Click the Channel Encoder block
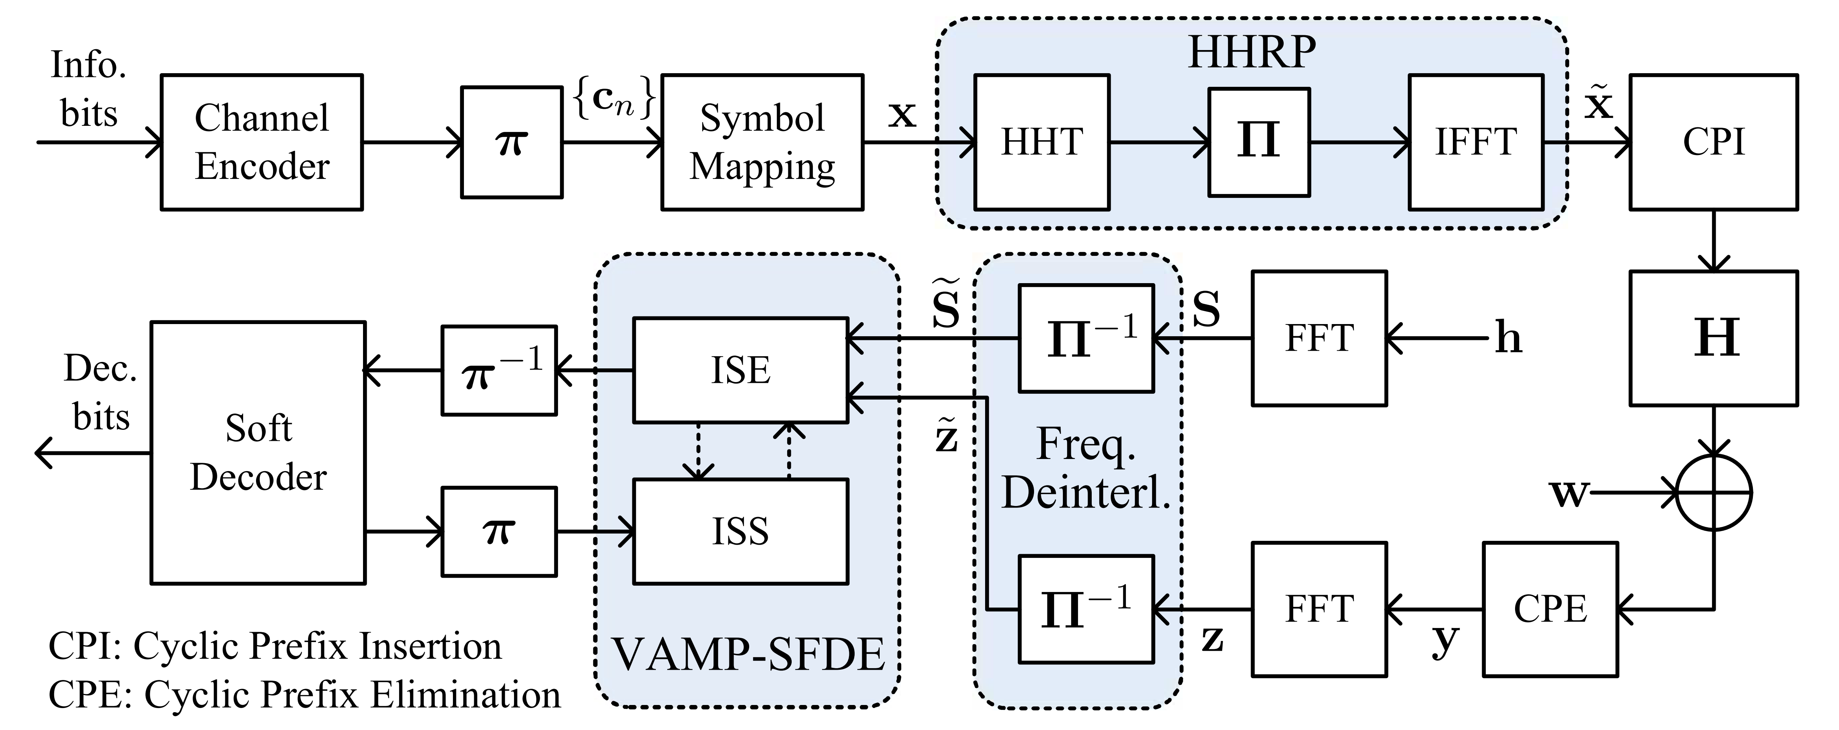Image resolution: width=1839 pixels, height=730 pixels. pos(262,142)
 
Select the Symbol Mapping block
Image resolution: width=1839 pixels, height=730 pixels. pos(762,142)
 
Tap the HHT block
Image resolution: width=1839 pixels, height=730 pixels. pos(1042,142)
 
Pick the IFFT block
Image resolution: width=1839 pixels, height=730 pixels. pos(1476,142)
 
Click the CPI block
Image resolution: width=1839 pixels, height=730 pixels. pos(1713,142)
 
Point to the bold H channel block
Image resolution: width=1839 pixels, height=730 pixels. pos(1713,338)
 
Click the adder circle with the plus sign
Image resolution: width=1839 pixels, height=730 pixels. pos(1713,492)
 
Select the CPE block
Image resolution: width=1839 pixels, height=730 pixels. pos(1550,609)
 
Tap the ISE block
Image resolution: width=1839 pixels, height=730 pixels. pos(740,370)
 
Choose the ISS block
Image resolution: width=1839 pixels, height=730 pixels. pos(740,531)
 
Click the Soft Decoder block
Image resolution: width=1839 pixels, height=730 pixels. pos(258,453)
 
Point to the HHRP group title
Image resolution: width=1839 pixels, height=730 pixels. pos(1251,52)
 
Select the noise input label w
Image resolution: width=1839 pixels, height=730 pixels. pos(1569,492)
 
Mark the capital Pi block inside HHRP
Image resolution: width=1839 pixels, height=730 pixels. pos(1259,142)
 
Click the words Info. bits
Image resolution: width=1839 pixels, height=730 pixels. pos(88,89)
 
